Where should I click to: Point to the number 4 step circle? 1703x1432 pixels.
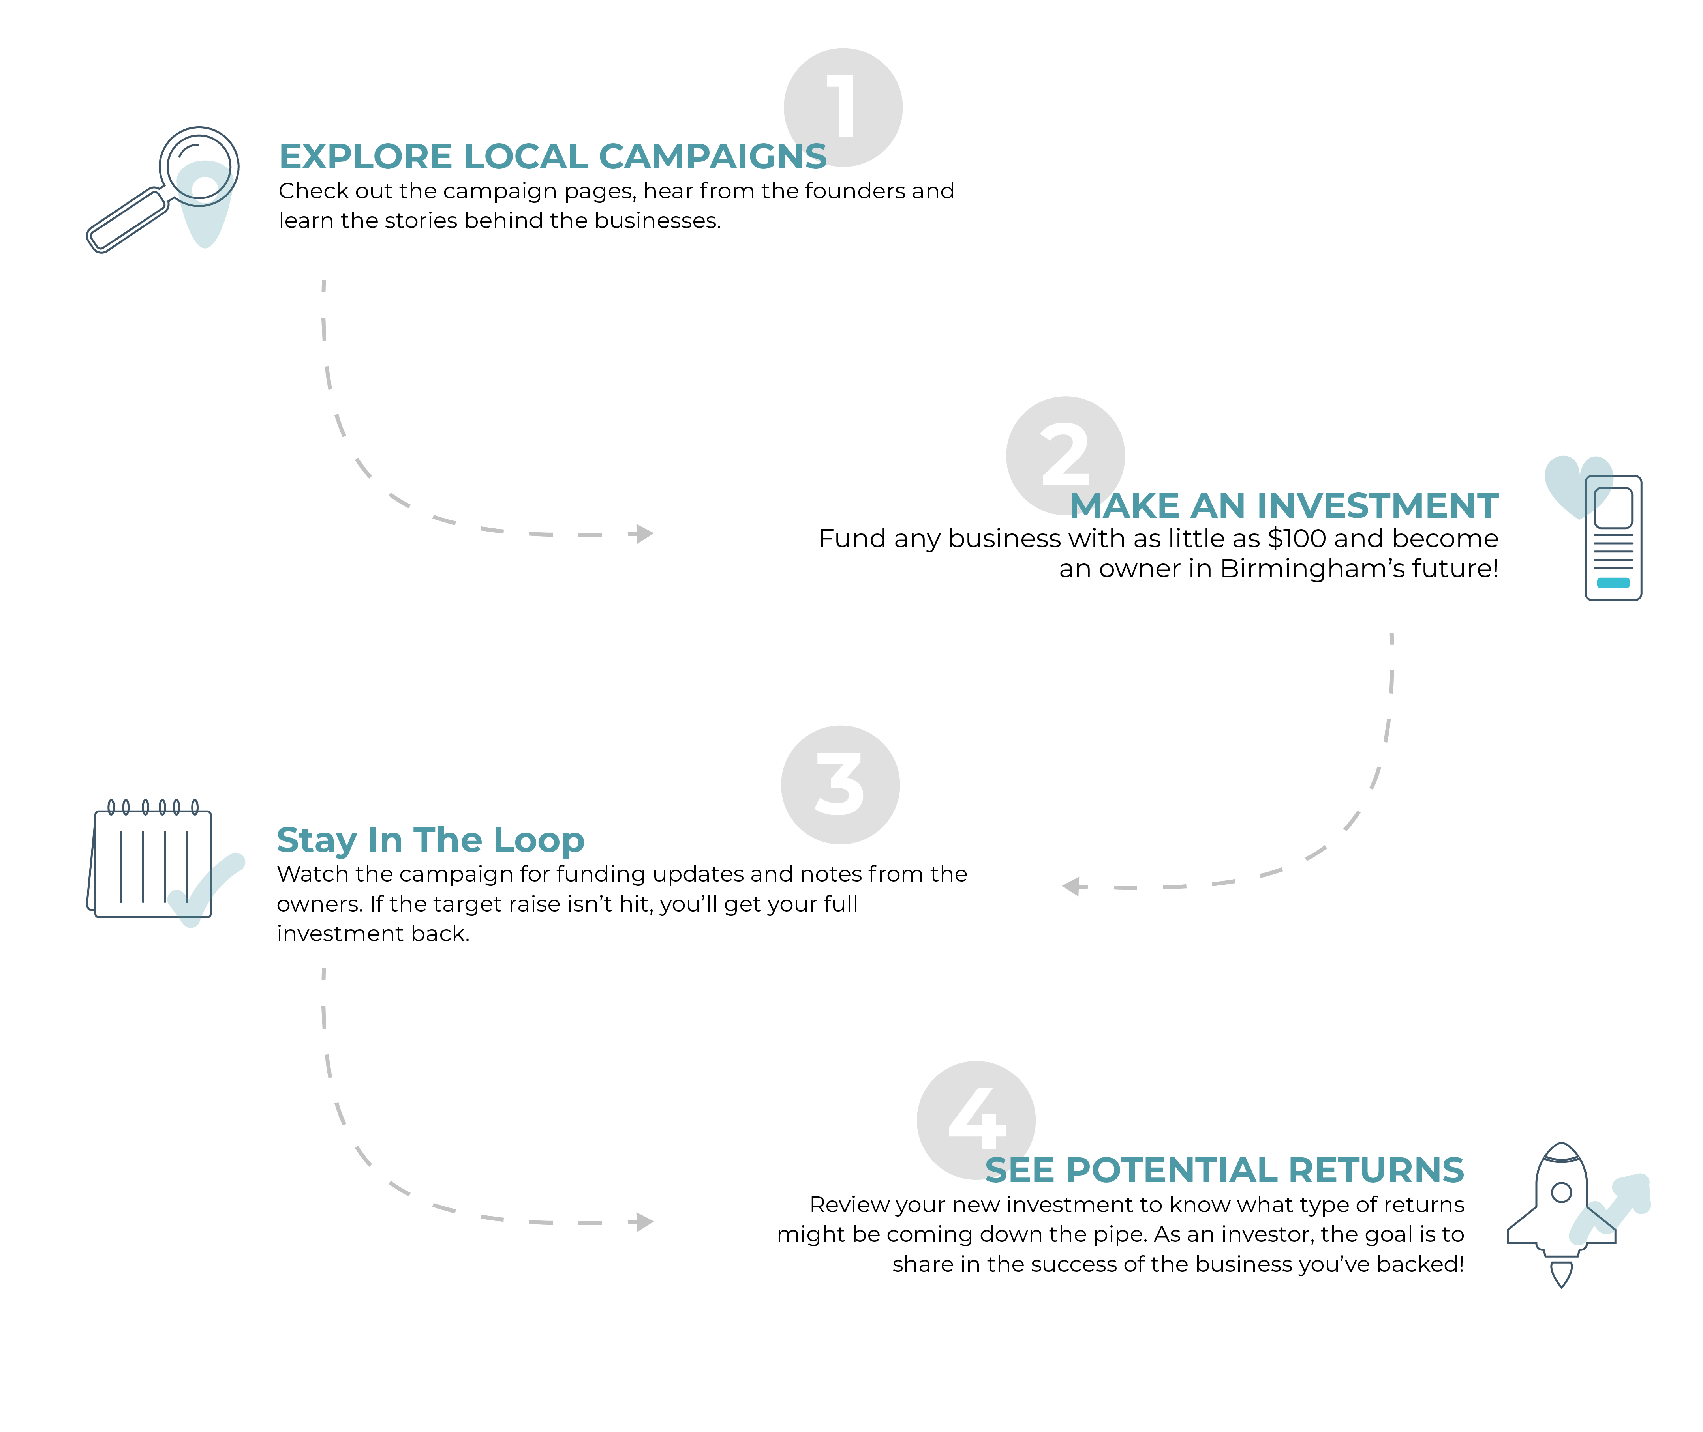[975, 1119]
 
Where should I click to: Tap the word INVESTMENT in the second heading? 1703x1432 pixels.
[1385, 506]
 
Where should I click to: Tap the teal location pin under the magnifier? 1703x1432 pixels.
[205, 215]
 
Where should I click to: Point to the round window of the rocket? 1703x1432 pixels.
[1561, 1192]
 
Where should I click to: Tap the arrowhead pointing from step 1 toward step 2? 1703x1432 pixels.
[644, 533]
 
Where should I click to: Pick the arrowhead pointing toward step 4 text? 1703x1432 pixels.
[644, 1222]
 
